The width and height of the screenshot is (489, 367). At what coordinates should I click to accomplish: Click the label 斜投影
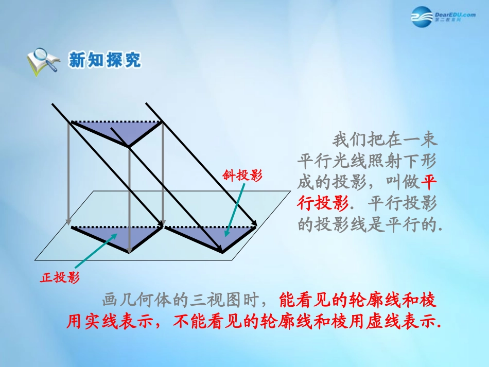point(242,176)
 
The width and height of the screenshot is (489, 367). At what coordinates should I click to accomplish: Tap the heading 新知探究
point(104,61)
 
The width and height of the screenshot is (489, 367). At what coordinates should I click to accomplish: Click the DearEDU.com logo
point(443,19)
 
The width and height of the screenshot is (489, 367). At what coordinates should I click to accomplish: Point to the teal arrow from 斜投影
point(233,209)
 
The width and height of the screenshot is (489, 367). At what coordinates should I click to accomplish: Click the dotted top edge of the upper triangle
point(116,122)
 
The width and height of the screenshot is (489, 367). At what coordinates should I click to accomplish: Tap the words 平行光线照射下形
point(368,161)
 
